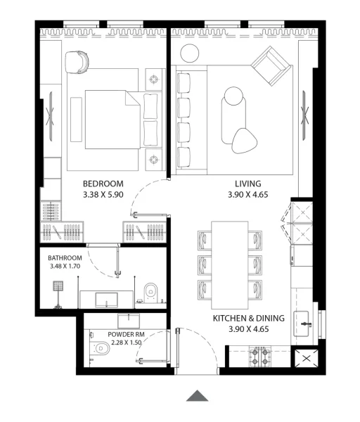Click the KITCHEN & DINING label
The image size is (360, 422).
coord(249,319)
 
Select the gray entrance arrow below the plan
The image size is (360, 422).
coord(198,395)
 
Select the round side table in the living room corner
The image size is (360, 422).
coord(189,53)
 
